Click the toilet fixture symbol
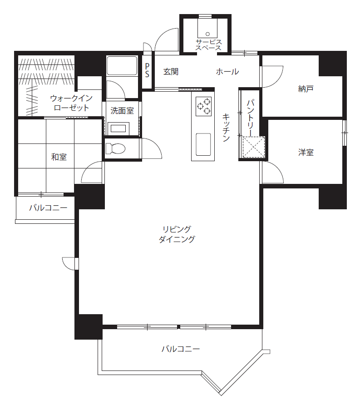115,148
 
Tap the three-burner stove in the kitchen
203,106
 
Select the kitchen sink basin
203,144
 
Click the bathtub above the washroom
122,65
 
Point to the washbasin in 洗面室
118,128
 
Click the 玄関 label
171,72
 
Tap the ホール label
227,72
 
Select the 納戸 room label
306,89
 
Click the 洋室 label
306,153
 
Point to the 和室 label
59,157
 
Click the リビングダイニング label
177,234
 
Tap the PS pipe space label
147,70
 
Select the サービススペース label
208,45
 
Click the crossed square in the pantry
254,147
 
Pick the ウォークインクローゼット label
71,103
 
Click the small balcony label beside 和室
48,207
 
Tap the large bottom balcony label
181,349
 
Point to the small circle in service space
207,34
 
